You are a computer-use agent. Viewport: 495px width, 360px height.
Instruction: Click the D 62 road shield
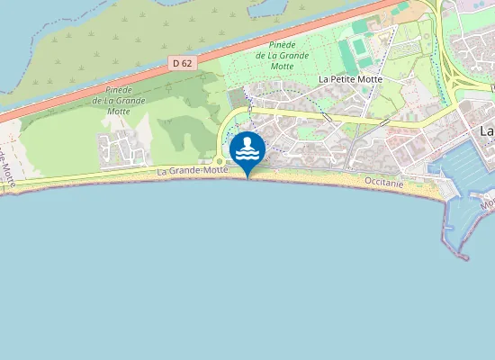click(x=181, y=63)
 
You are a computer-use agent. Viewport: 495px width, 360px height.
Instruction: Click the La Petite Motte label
click(x=350, y=79)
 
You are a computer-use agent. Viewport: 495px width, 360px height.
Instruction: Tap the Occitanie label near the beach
click(x=385, y=183)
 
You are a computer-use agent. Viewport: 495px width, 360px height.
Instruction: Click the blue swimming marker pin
click(x=247, y=150)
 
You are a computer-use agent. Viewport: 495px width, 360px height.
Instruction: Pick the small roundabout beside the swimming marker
click(x=220, y=162)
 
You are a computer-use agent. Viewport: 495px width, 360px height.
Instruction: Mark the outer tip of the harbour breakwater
click(x=464, y=257)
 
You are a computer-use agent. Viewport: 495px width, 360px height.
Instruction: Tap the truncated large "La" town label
click(x=487, y=131)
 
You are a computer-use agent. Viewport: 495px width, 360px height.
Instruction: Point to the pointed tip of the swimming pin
click(x=247, y=177)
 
